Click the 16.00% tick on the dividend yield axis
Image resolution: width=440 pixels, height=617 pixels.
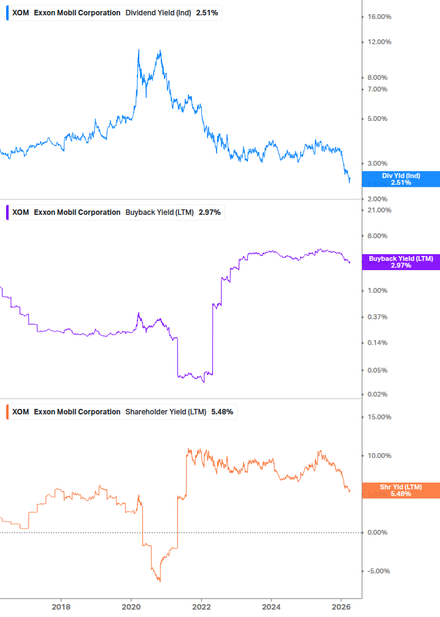(x=379, y=17)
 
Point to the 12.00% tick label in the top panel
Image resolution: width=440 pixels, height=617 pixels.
(x=379, y=42)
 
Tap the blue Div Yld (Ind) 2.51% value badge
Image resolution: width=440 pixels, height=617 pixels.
(x=401, y=179)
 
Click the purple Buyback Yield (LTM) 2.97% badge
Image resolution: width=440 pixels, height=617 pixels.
(x=401, y=262)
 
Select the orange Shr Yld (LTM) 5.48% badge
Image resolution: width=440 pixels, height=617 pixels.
(x=401, y=490)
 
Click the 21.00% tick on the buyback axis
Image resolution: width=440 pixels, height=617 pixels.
(x=379, y=211)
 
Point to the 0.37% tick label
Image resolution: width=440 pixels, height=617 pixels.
(x=378, y=317)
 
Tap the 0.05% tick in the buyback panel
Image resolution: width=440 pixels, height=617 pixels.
(x=378, y=370)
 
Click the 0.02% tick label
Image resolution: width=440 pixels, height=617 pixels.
(x=378, y=395)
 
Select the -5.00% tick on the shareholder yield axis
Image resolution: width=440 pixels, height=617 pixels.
(x=379, y=571)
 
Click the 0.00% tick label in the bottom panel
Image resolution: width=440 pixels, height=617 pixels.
(x=378, y=532)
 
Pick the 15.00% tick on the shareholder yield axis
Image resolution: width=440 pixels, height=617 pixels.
(x=379, y=417)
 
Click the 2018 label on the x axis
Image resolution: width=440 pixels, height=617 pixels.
(x=61, y=607)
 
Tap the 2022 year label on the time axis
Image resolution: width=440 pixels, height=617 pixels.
(x=201, y=607)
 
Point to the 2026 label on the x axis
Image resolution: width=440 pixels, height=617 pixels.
(x=342, y=607)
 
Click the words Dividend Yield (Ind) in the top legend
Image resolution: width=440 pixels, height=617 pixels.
(x=158, y=13)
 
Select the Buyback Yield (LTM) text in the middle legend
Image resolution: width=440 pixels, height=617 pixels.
(x=160, y=212)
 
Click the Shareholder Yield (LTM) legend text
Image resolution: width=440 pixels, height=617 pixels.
(x=166, y=412)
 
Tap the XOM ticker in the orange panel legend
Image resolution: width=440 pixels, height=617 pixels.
(x=21, y=412)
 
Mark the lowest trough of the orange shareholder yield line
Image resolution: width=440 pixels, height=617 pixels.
(x=159, y=581)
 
